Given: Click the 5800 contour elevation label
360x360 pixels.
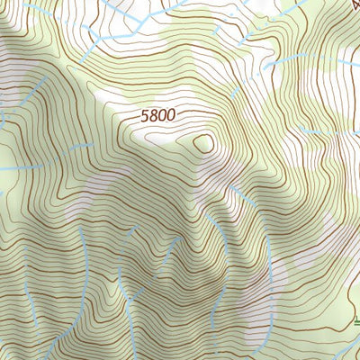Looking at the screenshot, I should coord(158,116).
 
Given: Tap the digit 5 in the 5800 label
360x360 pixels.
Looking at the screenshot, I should coord(146,116).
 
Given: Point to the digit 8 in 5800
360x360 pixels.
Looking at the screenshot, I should coord(154,116).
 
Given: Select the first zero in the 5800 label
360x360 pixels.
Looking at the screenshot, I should coord(163,116).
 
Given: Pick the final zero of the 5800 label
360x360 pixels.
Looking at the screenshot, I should coord(171,116).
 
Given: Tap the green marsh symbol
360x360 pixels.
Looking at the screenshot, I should coord(356,319).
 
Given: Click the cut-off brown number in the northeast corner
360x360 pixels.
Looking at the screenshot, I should coord(354,4).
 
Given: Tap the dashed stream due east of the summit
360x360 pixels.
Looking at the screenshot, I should coord(315,131).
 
